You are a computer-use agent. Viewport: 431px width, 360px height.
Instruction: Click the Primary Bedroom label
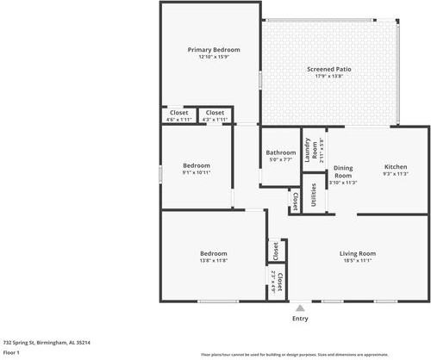coord(214,50)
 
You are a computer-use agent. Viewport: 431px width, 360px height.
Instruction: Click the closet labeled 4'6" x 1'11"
coord(178,115)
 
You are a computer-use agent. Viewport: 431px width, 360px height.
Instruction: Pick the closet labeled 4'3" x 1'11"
coord(215,115)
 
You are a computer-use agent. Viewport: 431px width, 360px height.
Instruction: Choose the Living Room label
coord(357,253)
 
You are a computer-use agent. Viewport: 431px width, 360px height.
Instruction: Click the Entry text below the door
coord(300,319)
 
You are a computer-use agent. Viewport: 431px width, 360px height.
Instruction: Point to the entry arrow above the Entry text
coord(300,307)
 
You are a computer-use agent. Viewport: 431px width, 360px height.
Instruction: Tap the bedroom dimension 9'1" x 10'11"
coord(197,172)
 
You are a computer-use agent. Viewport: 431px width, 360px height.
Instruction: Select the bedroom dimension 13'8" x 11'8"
coord(214,261)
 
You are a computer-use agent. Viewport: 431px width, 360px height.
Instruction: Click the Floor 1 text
coord(12,352)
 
